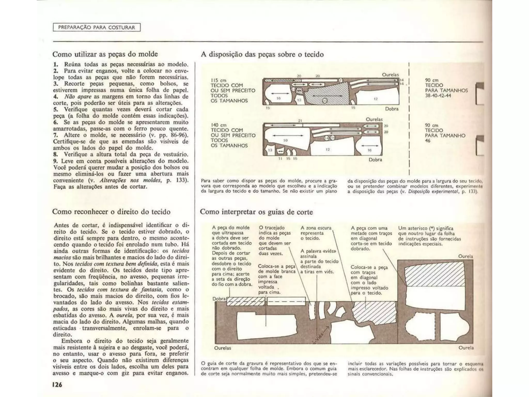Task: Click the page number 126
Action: point(57,385)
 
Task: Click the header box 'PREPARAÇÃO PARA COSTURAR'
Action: point(97,27)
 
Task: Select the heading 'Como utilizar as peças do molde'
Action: point(105,54)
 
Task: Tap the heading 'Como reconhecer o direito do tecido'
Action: point(111,212)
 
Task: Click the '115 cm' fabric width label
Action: point(219,80)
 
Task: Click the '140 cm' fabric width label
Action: point(219,125)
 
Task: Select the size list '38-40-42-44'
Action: point(438,96)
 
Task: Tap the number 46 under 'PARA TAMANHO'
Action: point(428,141)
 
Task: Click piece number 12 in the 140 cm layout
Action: point(328,149)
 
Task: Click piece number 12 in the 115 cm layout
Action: point(376,99)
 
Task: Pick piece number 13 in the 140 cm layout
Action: point(270,150)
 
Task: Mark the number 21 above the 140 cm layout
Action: point(300,120)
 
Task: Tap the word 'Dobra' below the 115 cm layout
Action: point(392,109)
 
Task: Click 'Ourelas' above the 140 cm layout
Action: point(374,119)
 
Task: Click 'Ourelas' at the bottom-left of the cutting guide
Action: point(223,348)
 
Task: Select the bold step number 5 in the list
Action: point(55,109)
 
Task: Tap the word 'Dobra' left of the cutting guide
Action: point(219,299)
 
